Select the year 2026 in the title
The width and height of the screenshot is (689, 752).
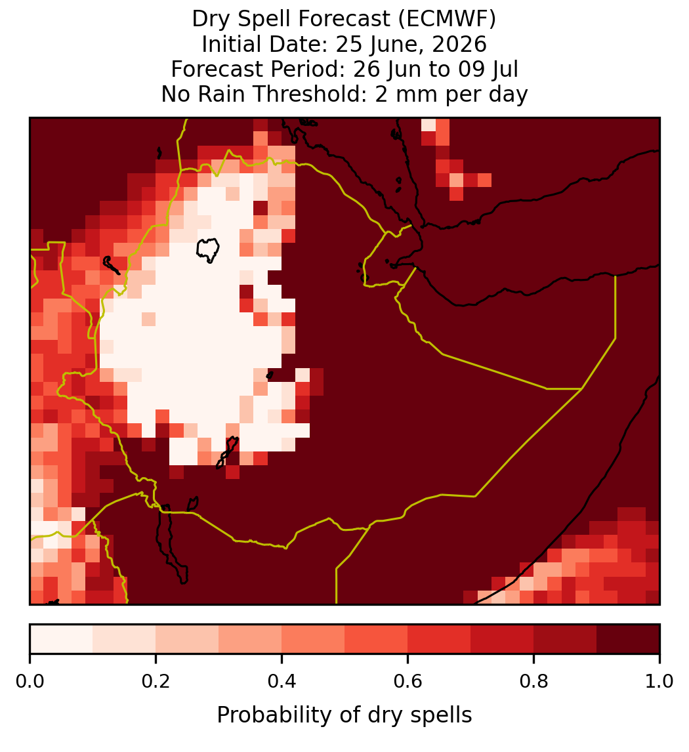coord(459,44)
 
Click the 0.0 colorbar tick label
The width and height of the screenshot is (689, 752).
coord(30,681)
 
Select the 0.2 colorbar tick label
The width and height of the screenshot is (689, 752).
coord(156,681)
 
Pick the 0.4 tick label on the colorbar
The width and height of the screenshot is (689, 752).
coord(282,681)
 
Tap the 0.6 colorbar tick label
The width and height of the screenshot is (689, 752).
coord(408,681)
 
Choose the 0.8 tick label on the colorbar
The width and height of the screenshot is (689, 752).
coord(534,681)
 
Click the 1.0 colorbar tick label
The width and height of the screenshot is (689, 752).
coord(659,681)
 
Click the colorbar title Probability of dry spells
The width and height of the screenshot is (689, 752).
coord(344,715)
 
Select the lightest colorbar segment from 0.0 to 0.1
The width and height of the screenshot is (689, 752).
coord(62,639)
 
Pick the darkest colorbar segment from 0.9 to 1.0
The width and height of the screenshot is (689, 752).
coord(628,639)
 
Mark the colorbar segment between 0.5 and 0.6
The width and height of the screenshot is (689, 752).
coord(377,639)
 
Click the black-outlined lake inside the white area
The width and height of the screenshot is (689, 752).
coord(208,250)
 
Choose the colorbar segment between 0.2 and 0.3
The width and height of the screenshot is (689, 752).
coord(188,639)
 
